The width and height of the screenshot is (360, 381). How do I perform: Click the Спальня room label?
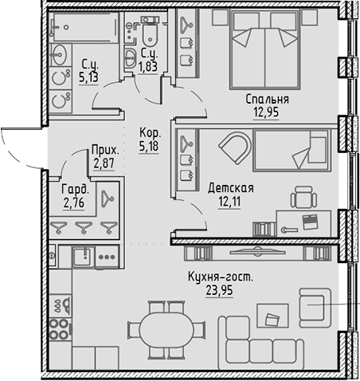click(x=267, y=100)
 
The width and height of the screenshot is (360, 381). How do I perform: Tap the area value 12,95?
click(x=267, y=112)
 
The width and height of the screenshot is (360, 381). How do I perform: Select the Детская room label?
click(x=230, y=188)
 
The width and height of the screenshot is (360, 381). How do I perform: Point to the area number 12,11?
click(x=230, y=201)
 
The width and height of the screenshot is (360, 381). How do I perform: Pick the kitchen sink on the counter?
click(x=81, y=257)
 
